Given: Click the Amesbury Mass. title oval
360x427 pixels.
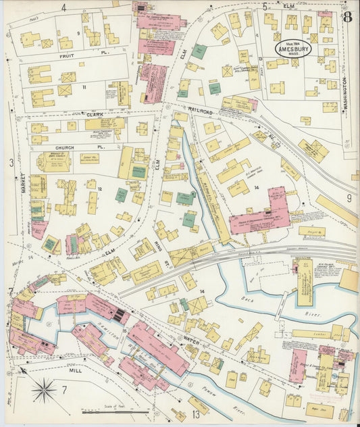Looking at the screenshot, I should coord(293,49).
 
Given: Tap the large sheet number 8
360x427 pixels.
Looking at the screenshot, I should coord(346,18).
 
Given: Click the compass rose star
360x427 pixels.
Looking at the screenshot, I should coord(43,389).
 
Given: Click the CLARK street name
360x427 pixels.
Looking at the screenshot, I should coord(94,115).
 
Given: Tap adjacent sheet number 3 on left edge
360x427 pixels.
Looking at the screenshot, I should coord(11,162).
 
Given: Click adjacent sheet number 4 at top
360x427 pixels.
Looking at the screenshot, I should coord(63,7).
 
